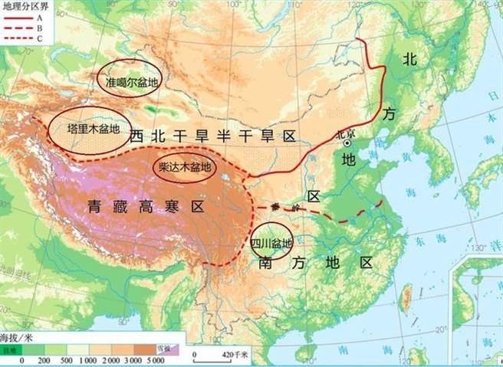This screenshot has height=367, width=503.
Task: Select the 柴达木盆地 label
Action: click(184, 166)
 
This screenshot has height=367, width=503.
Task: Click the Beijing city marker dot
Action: click(347, 143)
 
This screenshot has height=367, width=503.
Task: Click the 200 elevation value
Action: click(44, 359)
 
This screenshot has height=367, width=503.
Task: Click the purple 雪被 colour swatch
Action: click(168, 349)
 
